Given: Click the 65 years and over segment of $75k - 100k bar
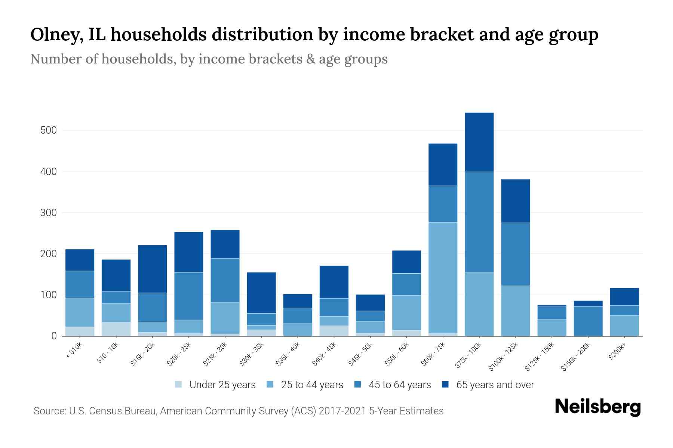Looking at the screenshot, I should tap(479, 142).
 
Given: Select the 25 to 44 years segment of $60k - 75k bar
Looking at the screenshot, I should tap(443, 278).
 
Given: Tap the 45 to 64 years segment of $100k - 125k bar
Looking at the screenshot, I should tap(515, 254).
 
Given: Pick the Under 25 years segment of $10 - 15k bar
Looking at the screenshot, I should tap(116, 329).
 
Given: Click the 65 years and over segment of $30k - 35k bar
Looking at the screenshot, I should tap(261, 293).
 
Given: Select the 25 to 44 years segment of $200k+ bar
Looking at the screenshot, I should tap(624, 326).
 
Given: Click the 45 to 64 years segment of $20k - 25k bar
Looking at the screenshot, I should tap(189, 296).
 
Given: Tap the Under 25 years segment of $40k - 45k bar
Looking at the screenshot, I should tap(334, 330).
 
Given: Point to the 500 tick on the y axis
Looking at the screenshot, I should tap(49, 130).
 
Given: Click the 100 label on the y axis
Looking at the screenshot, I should tap(49, 295).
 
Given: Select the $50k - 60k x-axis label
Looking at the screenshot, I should tap(397, 354).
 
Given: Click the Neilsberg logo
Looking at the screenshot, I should tap(597, 407).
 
